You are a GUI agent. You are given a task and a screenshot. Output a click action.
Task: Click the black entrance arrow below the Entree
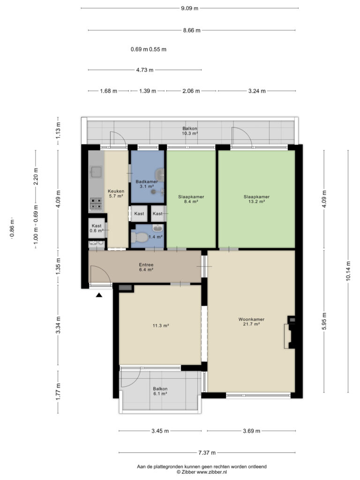pos(99,295)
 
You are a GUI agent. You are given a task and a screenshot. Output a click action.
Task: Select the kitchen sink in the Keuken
pos(97,172)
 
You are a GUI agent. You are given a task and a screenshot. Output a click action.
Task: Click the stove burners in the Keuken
pos(96,204)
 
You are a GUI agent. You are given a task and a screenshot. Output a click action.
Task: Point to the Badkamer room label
pos(147,184)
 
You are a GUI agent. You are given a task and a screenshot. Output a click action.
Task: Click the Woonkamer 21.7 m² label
pos(251,322)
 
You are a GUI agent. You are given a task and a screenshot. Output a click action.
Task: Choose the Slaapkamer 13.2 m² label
pos(256,199)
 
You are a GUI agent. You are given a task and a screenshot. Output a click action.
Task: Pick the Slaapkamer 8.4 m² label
pos(191,199)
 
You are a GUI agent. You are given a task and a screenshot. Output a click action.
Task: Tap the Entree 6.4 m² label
pos(146,267)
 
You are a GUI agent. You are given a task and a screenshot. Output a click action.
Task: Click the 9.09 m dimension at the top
pos(189,8)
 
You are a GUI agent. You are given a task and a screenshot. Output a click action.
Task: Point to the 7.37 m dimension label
pos(207,452)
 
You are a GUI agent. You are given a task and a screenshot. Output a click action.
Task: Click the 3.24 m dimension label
pos(257,91)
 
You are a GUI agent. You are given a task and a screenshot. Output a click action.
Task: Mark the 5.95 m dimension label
pos(324,321)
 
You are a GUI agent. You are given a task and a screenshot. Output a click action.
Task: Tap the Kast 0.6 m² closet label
pos(97,228)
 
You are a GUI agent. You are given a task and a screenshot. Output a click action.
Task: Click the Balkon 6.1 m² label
pos(160,391)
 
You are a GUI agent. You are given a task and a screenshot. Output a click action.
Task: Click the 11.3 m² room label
pos(161,326)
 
